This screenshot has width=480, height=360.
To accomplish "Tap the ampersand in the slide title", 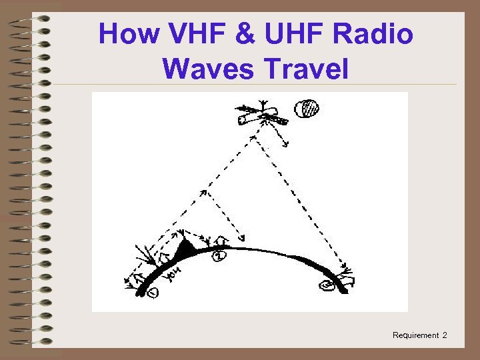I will pyautogui.click(x=241, y=34).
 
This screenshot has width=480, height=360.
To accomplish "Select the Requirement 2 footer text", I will pyautogui.click(x=420, y=335).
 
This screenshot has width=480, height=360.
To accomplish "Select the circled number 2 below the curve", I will pyautogui.click(x=219, y=255).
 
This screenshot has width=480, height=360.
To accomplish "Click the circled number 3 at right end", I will pyautogui.click(x=327, y=286).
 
